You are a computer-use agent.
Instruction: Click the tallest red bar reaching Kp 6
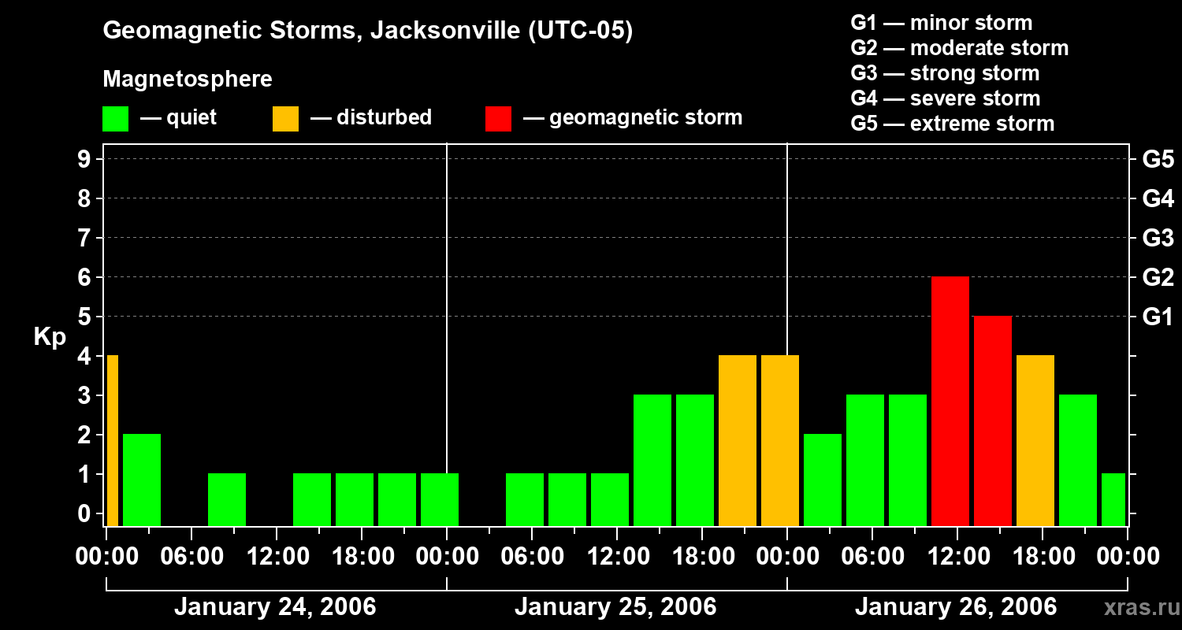pos(950,401)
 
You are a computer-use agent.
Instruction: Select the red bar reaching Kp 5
pos(992,421)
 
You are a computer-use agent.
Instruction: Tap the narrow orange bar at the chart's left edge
pos(112,440)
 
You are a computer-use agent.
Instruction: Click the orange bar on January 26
pos(1035,440)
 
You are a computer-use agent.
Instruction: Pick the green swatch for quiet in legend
pos(115,119)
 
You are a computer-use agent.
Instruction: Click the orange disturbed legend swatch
pos(285,119)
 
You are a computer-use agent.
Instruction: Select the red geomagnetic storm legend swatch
pos(498,119)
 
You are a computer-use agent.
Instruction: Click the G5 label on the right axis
pos(1158,160)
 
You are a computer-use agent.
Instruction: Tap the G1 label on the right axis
pos(1158,317)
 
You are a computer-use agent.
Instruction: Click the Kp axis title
pos(50,337)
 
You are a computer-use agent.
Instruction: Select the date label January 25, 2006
pos(615,607)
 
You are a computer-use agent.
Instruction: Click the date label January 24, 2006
pos(275,607)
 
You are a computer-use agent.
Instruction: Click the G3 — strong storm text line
pos(945,73)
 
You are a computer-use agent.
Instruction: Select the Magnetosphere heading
pos(188,80)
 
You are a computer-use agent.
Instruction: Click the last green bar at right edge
pos(1113,499)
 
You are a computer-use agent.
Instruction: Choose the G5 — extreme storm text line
pos(952,124)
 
